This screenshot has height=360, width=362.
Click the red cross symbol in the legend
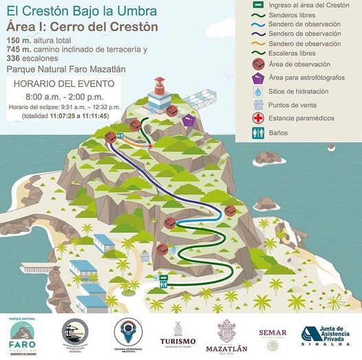point(259,118)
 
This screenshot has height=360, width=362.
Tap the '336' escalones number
point(14,59)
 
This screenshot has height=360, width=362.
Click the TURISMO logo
point(178,334)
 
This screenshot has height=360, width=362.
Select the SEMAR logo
point(273,334)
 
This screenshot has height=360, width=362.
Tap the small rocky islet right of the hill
point(266,204)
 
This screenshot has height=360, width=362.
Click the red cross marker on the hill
point(150,147)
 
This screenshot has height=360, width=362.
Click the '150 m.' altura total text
point(19,41)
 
